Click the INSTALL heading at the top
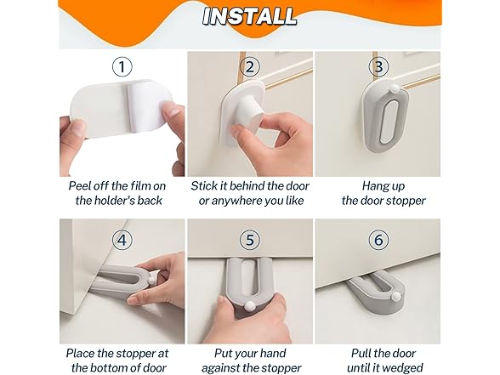249,16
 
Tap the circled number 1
122,66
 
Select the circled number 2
250,66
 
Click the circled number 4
122,240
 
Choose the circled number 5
250,240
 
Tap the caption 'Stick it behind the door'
250,185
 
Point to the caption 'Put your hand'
250,352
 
